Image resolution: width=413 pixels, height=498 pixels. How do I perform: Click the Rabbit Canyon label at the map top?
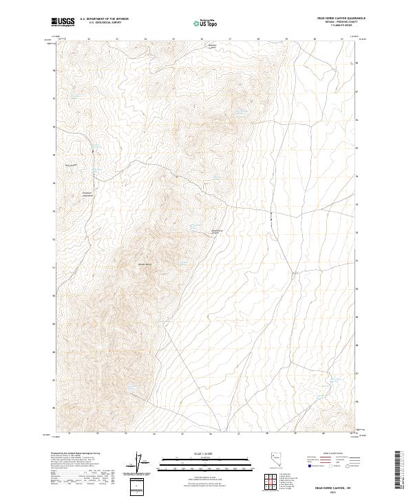pyautogui.click(x=213, y=47)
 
